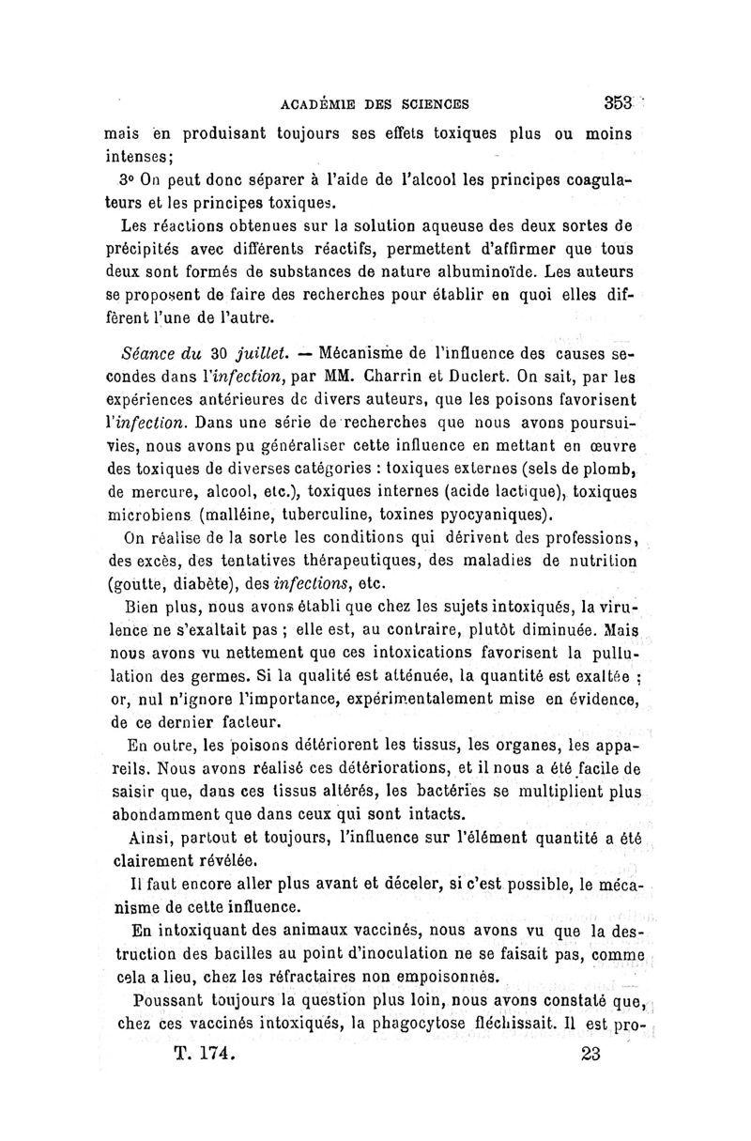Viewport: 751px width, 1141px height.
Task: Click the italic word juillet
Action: pos(258,356)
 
